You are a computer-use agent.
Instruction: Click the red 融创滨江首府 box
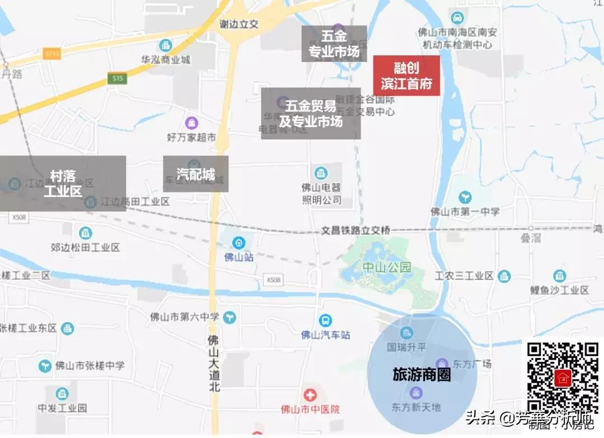tap(407, 76)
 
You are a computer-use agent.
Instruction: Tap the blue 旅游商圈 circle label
tap(422, 375)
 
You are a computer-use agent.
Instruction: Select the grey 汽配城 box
tap(196, 174)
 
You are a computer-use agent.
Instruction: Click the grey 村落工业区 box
tap(63, 183)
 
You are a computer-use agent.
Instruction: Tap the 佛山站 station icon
tap(239, 243)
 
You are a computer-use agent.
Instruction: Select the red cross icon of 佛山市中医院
tap(306, 395)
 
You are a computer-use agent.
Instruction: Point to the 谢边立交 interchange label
tap(239, 24)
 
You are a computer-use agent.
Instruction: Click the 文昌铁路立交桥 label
tap(356, 230)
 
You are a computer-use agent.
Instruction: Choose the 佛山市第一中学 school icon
tap(465, 197)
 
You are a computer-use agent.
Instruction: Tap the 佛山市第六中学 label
tap(185, 317)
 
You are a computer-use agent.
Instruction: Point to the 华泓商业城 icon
tap(166, 45)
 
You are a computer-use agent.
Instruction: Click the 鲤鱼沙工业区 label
tap(559, 290)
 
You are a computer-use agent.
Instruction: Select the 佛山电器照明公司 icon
tap(322, 173)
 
